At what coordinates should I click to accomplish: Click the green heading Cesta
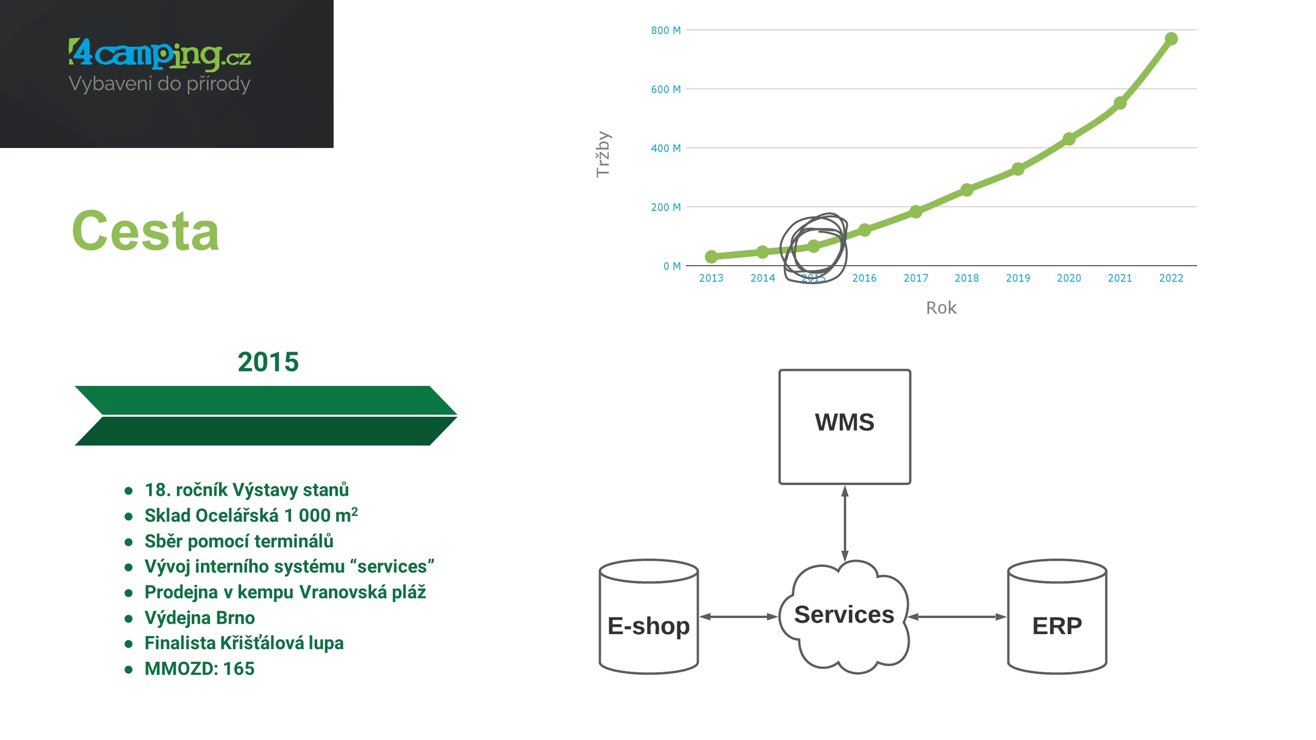point(146,231)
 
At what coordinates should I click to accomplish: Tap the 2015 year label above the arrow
point(268,362)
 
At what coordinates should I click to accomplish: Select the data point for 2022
point(1171,39)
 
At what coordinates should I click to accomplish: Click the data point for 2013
point(711,256)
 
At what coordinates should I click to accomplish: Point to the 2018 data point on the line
point(966,190)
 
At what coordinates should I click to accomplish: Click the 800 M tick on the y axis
point(666,30)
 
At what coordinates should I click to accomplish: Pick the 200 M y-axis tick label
point(666,207)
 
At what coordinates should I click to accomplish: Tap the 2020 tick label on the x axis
point(1069,278)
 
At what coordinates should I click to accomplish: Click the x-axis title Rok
point(941,308)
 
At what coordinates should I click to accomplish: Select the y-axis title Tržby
point(603,154)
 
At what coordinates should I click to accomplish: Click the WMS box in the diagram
point(845,427)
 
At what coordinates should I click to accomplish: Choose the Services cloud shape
point(845,616)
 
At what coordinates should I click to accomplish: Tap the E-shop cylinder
point(649,617)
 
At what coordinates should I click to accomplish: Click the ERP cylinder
point(1057,617)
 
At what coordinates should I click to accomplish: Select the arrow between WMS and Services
point(845,523)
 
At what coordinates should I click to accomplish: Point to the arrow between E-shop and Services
point(739,617)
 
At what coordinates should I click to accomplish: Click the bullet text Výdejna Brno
point(199,618)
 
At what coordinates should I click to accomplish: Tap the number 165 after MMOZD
point(239,669)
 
